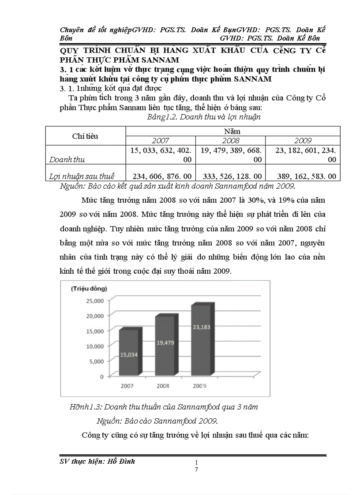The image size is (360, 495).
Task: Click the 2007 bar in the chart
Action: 131,353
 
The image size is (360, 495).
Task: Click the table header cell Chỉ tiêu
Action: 85,136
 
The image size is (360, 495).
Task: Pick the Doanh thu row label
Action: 67,159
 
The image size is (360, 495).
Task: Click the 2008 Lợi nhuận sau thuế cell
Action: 231,176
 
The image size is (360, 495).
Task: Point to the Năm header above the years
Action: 232,131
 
